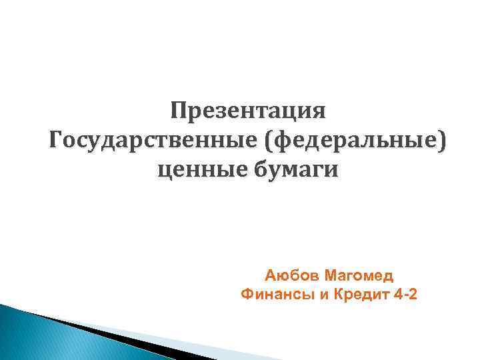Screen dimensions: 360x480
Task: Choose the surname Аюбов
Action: pos(290,275)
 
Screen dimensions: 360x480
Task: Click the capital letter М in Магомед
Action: pos(332,275)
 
